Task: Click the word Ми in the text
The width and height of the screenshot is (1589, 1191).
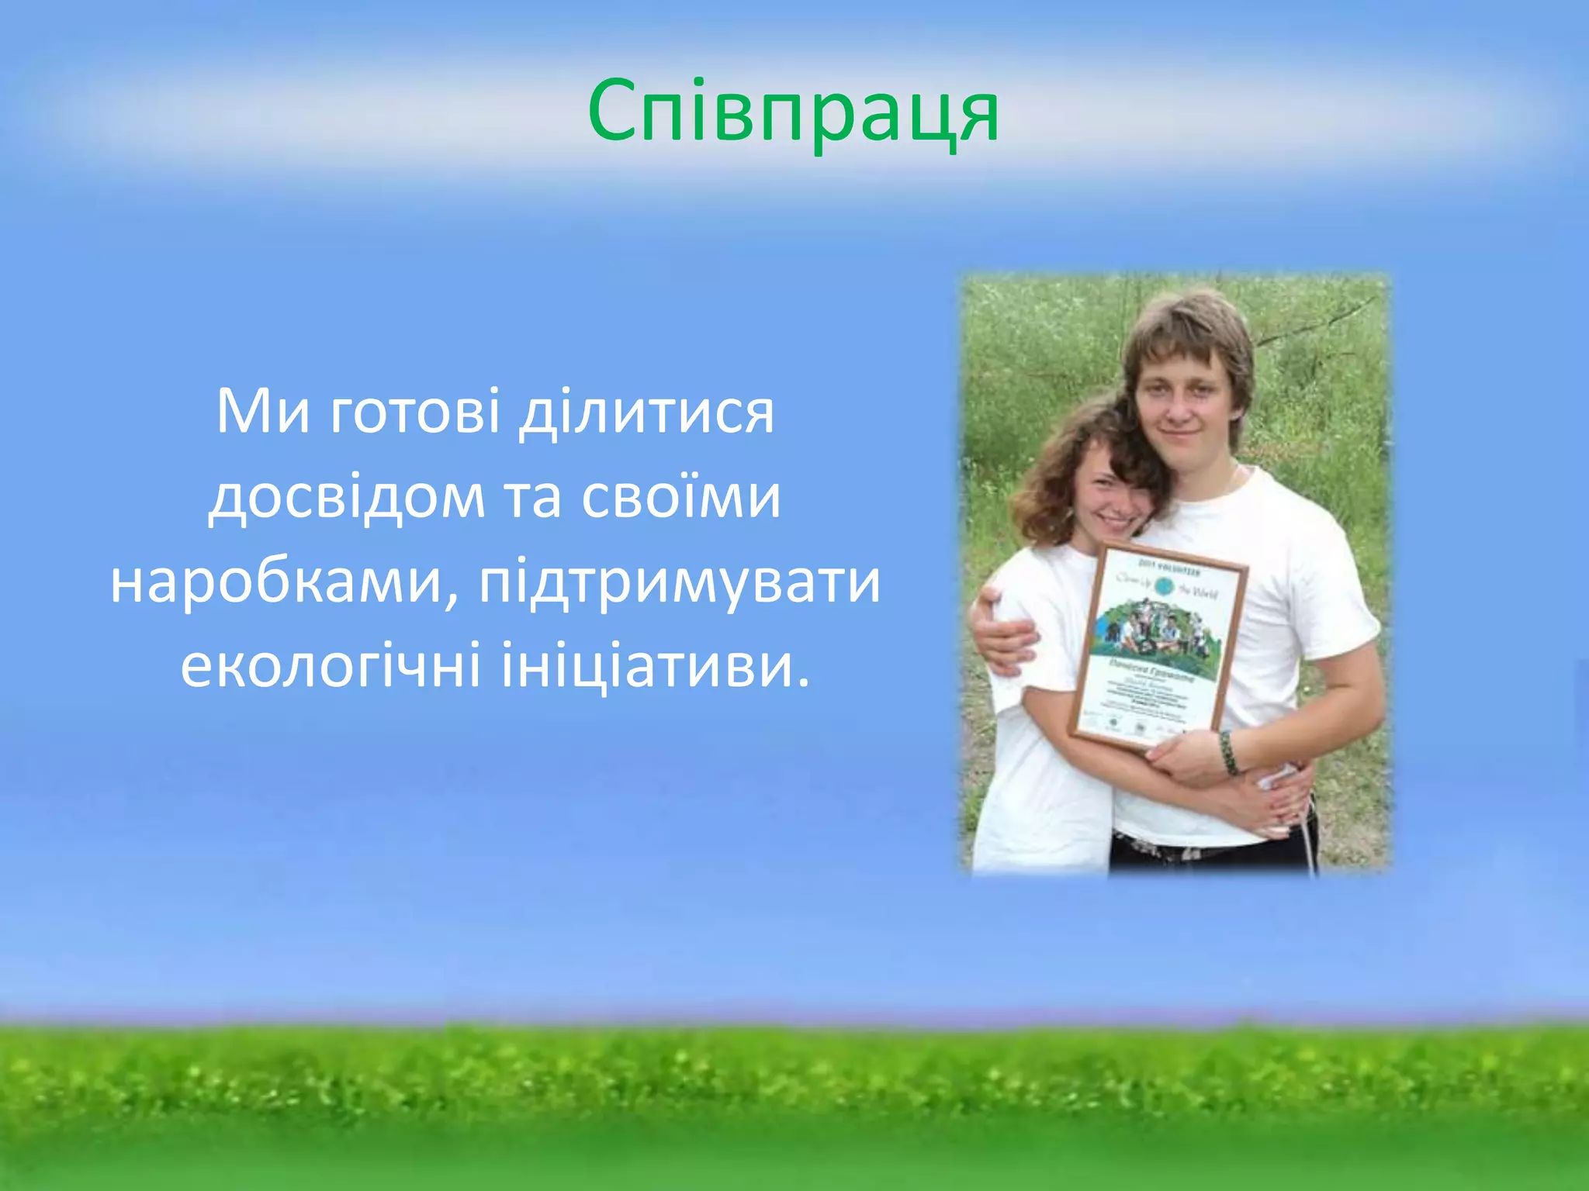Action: coord(262,411)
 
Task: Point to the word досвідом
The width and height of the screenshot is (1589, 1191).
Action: coord(347,498)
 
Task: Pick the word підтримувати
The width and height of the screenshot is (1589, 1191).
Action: coord(680,583)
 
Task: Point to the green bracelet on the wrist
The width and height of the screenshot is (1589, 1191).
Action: coord(1229,752)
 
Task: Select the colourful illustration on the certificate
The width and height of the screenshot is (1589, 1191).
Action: coord(1156,628)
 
